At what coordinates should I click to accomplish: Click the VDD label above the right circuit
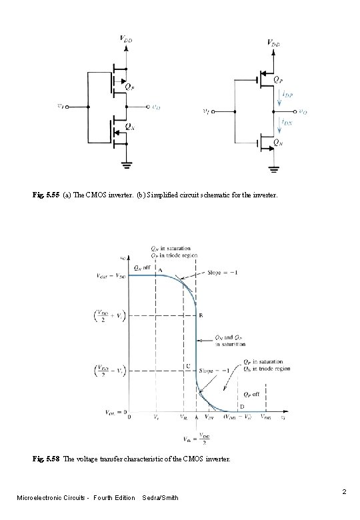pos(273,43)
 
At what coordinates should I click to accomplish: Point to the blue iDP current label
pos(287,95)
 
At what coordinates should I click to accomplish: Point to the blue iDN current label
pos(287,123)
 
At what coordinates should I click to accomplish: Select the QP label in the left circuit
pos(129,86)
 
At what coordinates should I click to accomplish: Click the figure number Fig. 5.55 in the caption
pos(45,197)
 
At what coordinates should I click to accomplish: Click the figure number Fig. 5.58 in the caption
pos(45,459)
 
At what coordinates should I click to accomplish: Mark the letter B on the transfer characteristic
pos(201,315)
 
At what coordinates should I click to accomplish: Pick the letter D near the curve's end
pos(241,405)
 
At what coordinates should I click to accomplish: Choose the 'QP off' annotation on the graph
pos(251,393)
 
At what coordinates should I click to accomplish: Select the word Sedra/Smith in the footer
pos(161,497)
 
